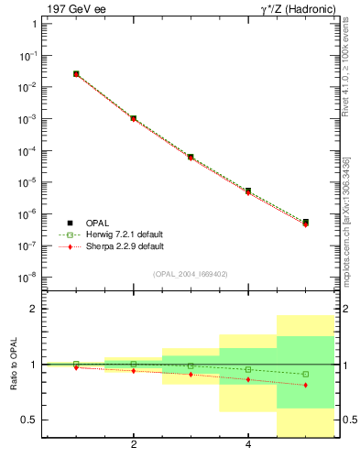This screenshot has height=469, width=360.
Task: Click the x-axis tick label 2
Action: tap(134, 446)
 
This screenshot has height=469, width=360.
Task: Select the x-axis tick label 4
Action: tap(248, 446)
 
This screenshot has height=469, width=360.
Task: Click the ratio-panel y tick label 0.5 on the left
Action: tap(29, 420)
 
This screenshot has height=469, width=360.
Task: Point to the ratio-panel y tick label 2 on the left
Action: tap(33, 310)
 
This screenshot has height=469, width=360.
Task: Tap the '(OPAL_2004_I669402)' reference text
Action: tap(191, 274)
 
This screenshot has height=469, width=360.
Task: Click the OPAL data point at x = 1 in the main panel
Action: tap(76, 73)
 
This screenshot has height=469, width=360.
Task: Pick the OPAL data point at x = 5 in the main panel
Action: tap(305, 222)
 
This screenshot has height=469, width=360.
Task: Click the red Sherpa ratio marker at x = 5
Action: tap(305, 385)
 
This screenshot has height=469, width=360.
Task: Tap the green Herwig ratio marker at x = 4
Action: tap(248, 369)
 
